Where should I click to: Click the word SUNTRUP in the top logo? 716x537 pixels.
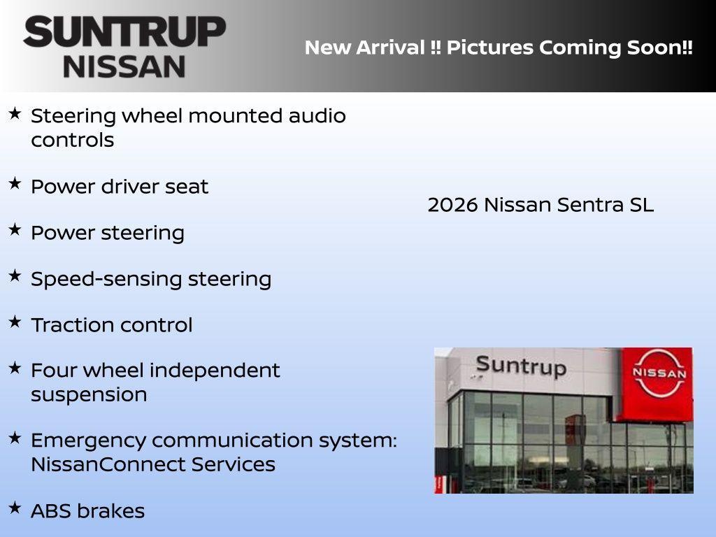[124, 32]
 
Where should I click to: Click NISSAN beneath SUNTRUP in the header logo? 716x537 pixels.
[124, 66]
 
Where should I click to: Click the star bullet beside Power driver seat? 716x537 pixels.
[15, 183]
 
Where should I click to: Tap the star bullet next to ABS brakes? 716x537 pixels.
[15, 507]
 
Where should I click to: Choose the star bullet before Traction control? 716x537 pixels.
[15, 322]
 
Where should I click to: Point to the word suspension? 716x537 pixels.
[89, 394]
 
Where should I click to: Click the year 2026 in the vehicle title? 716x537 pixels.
[452, 205]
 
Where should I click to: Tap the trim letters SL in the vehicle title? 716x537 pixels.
[640, 205]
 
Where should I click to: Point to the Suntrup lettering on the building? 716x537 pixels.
[520, 366]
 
